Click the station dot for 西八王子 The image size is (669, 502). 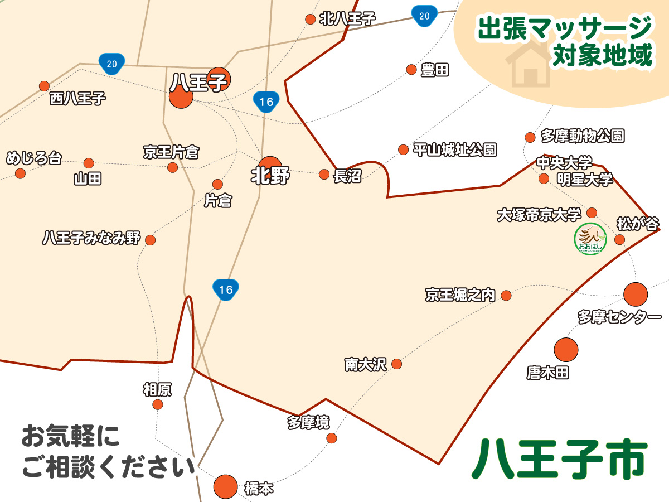click(44, 86)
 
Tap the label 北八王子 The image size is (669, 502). click(348, 19)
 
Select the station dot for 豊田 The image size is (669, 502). click(411, 70)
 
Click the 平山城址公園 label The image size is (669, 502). click(455, 150)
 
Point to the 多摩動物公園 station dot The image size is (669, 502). click(530, 137)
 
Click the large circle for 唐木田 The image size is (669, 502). click(566, 350)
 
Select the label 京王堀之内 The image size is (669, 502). click(460, 295)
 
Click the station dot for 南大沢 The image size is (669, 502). click(396, 364)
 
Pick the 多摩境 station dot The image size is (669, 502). click(332, 438)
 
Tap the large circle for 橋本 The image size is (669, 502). click(226, 486)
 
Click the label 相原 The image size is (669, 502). click(157, 389)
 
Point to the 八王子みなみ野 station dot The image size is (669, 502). click(150, 240)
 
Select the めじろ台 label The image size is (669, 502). click(33, 158)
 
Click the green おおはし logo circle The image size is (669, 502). click(590, 239)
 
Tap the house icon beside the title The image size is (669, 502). click(528, 65)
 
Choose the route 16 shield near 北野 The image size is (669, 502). click(266, 102)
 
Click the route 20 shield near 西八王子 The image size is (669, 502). click(111, 63)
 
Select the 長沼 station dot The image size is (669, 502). click(324, 174)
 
